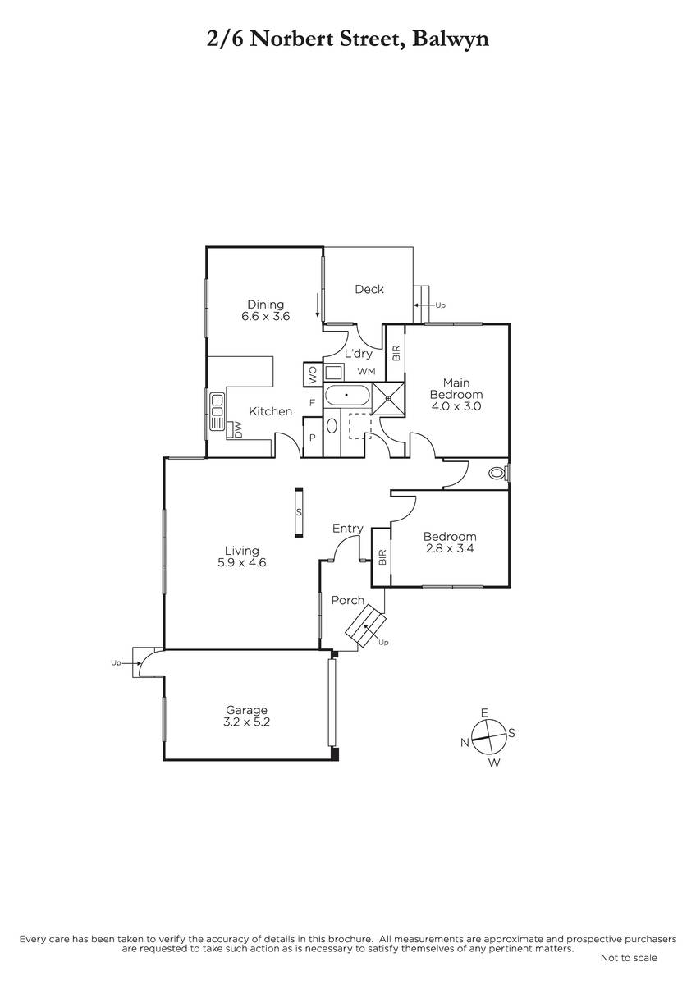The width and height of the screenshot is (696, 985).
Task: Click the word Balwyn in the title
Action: pyautogui.click(x=451, y=40)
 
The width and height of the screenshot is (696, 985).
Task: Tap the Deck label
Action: pyautogui.click(x=369, y=289)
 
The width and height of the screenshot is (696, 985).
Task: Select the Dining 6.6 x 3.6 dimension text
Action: pyautogui.click(x=266, y=316)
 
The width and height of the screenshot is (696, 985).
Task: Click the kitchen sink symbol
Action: pyautogui.click(x=217, y=411)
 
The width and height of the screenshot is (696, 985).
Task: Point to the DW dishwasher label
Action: pyautogui.click(x=238, y=430)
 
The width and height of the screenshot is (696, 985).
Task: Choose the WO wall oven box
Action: pyautogui.click(x=313, y=374)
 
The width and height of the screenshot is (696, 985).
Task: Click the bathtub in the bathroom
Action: pyautogui.click(x=347, y=395)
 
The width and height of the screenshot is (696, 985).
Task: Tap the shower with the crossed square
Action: pyautogui.click(x=387, y=398)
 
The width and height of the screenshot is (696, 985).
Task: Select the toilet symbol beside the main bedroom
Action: pyautogui.click(x=497, y=474)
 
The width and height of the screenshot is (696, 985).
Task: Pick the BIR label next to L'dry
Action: pyautogui.click(x=396, y=354)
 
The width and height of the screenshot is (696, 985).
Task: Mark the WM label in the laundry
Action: pyautogui.click(x=366, y=372)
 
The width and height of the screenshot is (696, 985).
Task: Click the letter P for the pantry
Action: pyautogui.click(x=313, y=438)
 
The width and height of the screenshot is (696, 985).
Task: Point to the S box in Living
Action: pyautogui.click(x=299, y=512)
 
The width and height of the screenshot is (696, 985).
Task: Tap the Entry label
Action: pyautogui.click(x=348, y=529)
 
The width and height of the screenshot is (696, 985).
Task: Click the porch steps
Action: pyautogui.click(x=365, y=625)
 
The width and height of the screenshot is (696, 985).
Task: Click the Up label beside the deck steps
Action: pyautogui.click(x=440, y=305)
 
